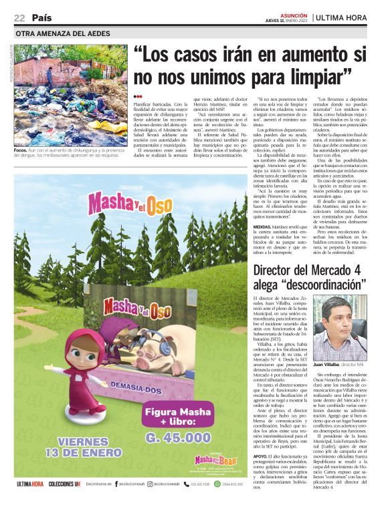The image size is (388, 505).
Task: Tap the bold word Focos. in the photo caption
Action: [x=20, y=133]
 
